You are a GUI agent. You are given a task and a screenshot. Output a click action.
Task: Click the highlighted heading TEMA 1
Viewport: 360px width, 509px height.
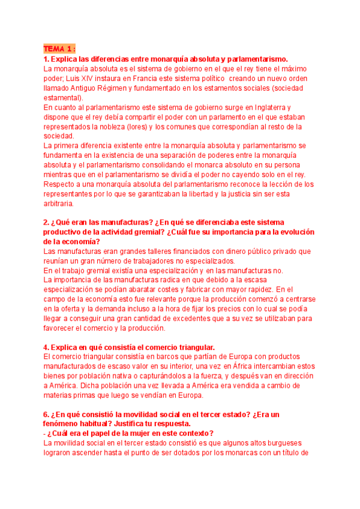coord(59,49)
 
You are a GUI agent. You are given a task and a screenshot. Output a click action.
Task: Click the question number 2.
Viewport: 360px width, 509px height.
coord(46,223)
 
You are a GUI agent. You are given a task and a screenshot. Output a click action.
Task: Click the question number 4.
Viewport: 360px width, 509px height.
coord(46,348)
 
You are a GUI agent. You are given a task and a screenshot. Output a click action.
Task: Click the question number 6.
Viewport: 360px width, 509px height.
coord(46,415)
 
